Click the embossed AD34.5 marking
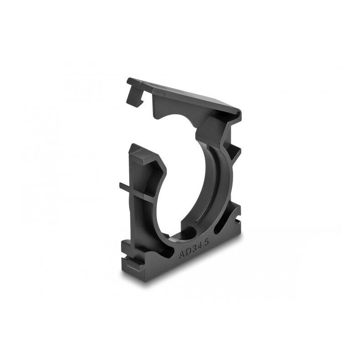tap(194, 249)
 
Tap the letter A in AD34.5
tap(182, 255)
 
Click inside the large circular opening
tap(187, 182)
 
